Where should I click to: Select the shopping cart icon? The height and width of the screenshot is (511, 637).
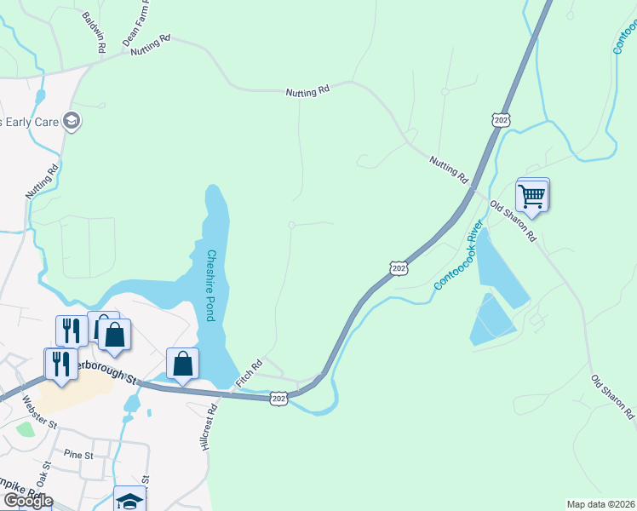(532, 195)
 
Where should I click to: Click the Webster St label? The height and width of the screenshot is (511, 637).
(39, 411)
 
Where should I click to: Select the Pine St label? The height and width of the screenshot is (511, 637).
(77, 455)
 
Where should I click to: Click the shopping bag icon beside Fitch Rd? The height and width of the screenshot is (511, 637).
(182, 364)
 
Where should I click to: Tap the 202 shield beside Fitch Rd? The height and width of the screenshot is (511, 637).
(278, 399)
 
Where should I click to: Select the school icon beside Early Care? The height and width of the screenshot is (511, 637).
(72, 121)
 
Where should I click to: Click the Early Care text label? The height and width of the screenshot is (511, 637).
(29, 122)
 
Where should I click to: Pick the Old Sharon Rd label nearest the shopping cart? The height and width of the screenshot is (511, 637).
(513, 221)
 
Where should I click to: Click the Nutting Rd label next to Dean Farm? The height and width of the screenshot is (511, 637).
(151, 45)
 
